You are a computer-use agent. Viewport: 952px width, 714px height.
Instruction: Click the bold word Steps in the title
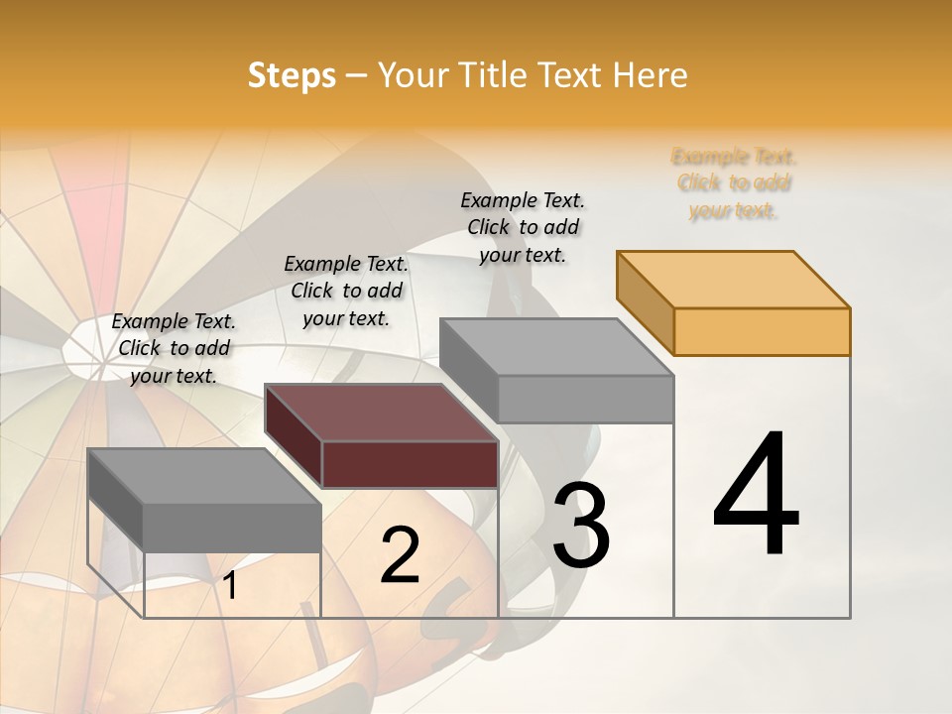tap(292, 75)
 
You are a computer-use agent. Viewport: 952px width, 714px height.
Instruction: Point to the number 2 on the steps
tap(400, 555)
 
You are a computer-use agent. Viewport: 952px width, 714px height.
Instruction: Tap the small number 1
tap(230, 586)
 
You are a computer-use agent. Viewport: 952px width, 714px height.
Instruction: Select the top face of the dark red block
tap(381, 412)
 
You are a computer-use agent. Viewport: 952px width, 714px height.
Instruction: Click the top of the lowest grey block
tap(204, 476)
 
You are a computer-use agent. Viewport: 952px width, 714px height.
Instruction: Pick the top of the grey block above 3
tap(556, 347)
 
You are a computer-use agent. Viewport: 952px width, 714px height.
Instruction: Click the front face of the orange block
tap(762, 331)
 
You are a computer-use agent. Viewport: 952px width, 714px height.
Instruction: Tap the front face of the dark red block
tap(410, 464)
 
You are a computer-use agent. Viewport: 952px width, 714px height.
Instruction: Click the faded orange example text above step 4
tap(734, 183)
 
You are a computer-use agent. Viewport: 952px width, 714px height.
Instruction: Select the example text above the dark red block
tap(346, 291)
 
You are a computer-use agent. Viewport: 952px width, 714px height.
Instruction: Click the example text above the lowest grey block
tap(174, 348)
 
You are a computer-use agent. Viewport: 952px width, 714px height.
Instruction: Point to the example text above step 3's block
tap(523, 227)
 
